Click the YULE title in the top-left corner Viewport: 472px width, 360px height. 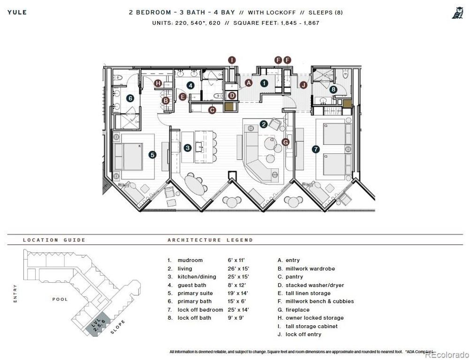point(17,12)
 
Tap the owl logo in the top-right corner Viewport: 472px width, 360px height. point(457,13)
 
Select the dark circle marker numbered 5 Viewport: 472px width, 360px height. point(152,154)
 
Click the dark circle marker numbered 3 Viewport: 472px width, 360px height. point(188,148)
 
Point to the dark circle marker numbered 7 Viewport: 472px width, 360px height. point(316,149)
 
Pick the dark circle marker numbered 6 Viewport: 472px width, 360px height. point(130,98)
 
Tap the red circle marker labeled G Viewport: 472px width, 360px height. point(285,142)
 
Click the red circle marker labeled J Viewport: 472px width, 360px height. point(304,85)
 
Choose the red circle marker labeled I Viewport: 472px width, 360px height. point(232,60)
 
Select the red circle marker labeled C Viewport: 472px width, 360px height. point(212,110)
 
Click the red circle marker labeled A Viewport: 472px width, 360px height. point(249,82)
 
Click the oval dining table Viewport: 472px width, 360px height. point(195,185)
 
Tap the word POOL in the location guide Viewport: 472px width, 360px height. point(60,299)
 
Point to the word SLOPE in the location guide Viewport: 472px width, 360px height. point(119,327)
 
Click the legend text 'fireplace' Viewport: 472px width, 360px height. point(297,310)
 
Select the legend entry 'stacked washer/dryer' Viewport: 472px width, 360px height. point(314,285)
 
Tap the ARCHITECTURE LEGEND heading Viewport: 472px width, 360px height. point(210,240)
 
